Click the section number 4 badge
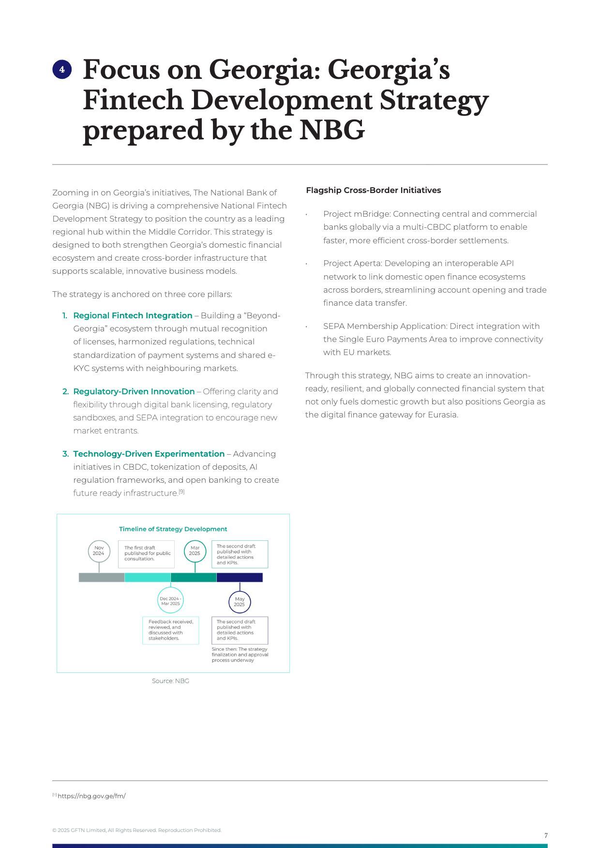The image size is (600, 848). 62,70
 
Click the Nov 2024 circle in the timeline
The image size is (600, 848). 99,551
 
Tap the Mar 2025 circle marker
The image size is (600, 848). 195,551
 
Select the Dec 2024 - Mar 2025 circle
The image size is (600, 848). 170,601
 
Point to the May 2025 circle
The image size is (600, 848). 240,602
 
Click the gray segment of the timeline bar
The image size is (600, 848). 102,577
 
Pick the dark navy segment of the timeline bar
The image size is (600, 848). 240,577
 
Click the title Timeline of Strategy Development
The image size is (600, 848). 173,529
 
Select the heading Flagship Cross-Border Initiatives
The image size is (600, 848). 373,190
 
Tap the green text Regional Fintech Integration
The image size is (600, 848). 133,315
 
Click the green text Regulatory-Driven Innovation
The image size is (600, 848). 134,391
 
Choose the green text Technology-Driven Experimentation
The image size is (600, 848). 149,454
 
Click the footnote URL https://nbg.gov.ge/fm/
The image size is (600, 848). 91,796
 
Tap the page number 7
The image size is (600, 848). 546,835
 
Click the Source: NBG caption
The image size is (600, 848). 170,681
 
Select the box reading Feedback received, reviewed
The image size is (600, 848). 170,630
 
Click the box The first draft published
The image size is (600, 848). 146,554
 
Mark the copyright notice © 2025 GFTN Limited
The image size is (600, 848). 136,830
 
